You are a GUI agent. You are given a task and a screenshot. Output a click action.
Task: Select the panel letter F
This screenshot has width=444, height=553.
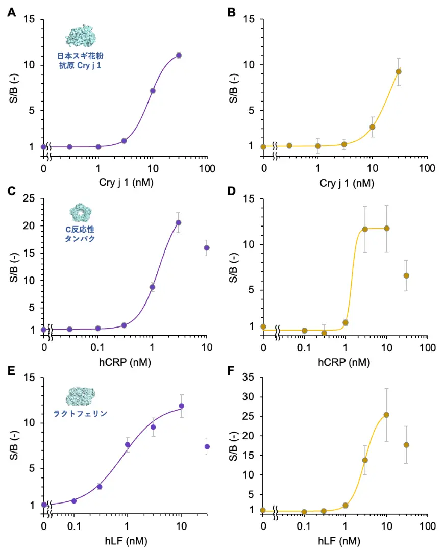[231, 370]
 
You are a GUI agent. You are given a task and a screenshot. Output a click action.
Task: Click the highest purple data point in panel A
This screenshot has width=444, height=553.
[179, 55]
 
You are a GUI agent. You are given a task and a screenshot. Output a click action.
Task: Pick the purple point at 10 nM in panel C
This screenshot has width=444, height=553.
[207, 248]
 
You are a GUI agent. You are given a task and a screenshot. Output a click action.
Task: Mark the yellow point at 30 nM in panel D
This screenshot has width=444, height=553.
[406, 275]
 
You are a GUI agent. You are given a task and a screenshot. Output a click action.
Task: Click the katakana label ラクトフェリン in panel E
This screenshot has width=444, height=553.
[81, 414]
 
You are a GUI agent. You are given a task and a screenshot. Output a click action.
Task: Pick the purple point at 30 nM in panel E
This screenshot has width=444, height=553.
[207, 446]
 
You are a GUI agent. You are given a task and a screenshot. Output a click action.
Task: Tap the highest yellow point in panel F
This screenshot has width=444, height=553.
[386, 415]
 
